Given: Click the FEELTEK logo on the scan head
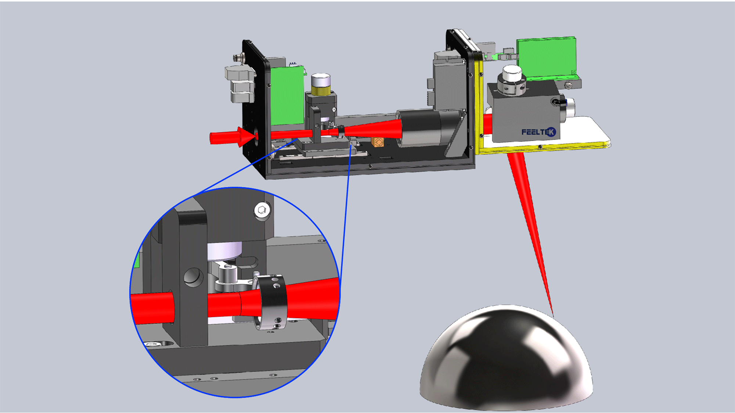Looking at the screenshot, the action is click(538, 132).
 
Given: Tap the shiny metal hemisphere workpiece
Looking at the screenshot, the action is click(506, 358).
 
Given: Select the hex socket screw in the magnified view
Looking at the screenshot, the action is click(262, 210).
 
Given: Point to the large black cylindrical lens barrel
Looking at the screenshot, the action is click(422, 128).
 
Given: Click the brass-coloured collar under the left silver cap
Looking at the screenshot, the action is click(321, 90).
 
